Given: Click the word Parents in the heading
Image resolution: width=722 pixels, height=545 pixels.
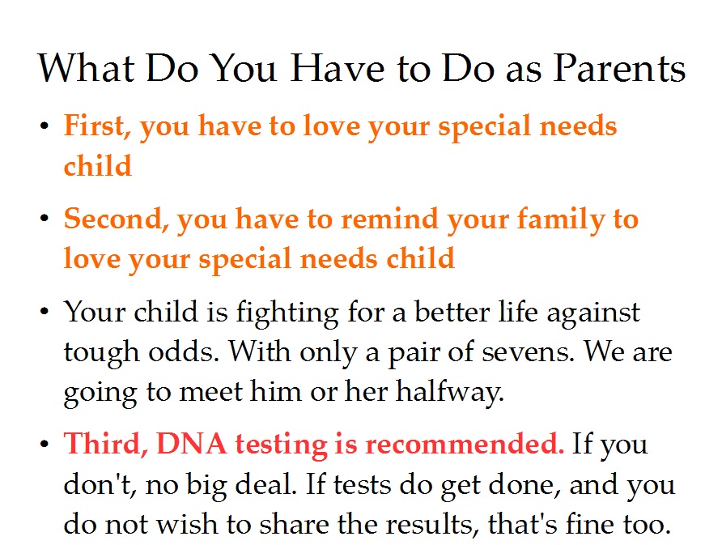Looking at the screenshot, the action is [619, 68].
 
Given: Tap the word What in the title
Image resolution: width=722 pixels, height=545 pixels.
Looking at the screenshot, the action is [86, 68].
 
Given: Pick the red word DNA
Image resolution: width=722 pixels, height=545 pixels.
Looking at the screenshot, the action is [192, 444].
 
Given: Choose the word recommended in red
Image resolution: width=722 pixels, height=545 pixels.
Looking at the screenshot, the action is [465, 444].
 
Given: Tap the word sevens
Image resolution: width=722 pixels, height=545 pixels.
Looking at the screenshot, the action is [529, 352].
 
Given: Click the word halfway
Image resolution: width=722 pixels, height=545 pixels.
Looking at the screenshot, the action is [450, 393].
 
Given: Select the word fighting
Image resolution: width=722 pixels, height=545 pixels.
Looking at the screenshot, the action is [288, 313].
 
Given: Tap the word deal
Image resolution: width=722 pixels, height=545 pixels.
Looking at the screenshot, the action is [265, 484].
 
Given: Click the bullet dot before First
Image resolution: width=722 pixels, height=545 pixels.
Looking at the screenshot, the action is [45, 126].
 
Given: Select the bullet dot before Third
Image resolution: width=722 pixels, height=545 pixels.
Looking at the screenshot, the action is [45, 444].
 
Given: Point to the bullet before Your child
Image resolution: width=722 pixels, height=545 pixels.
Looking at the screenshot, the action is [45, 312].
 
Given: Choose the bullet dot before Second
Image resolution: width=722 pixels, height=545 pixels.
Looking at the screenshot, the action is [45, 218].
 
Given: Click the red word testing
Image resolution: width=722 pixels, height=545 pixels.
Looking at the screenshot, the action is [280, 445].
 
